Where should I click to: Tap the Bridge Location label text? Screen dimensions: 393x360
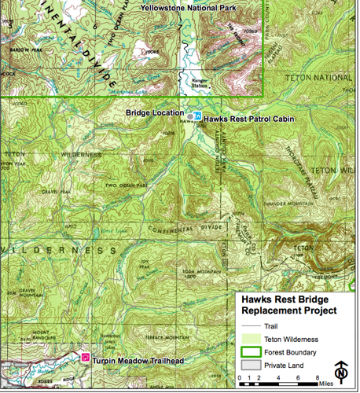tap(154, 113)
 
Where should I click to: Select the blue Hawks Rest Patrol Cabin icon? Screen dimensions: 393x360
tap(198, 116)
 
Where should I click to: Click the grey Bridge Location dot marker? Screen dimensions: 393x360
tap(189, 116)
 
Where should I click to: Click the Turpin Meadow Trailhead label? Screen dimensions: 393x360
tap(138, 361)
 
